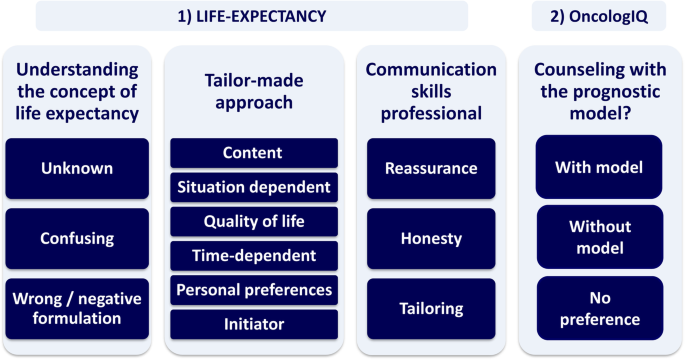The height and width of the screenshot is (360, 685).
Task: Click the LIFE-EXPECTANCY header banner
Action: [x=252, y=15]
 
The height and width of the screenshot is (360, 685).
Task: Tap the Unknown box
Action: [x=77, y=168]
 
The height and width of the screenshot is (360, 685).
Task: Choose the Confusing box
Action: [x=77, y=238]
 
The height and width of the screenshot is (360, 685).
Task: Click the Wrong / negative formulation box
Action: [x=77, y=308]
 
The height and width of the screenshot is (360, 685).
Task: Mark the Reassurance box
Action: [x=430, y=168]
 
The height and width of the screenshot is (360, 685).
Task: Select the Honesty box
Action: [x=430, y=238]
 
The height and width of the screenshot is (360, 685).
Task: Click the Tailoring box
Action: [x=430, y=308]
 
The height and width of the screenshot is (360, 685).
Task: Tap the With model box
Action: [x=599, y=166]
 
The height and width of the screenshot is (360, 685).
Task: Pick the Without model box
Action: [x=599, y=236]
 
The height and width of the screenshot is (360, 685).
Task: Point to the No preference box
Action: [x=599, y=308]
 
